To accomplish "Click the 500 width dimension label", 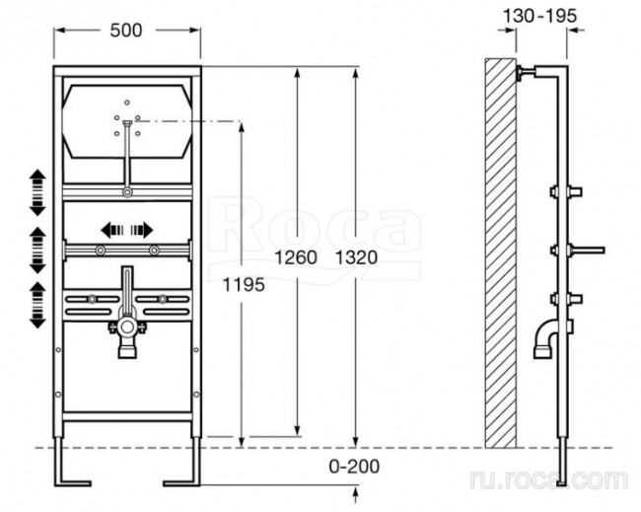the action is coord(126,31).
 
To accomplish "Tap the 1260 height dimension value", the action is coord(296,257).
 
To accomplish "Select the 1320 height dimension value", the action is coord(356,257).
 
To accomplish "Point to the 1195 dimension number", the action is coord(244,285).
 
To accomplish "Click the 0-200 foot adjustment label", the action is coord(354,467).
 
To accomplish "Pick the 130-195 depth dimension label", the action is coord(539,17).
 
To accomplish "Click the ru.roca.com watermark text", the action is coord(548,479).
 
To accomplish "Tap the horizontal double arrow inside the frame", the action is coord(127,230).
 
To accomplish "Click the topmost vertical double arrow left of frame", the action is coord(37,192).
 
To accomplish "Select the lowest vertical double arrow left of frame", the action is coord(37,305).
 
